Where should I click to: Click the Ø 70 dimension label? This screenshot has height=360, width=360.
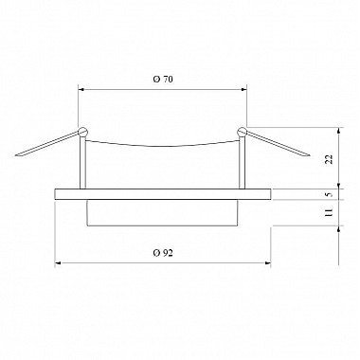pyautogui.click(x=163, y=80)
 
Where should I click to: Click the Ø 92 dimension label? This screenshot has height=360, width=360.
pyautogui.click(x=163, y=253)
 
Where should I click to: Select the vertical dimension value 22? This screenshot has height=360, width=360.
pyautogui.click(x=329, y=159)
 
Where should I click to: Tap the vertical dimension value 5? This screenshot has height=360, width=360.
pyautogui.click(x=330, y=194)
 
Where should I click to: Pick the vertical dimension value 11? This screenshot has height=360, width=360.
pyautogui.click(x=329, y=212)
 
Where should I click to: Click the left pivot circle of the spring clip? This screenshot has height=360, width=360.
pyautogui.click(x=82, y=131)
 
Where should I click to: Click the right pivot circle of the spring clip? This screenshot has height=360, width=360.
pyautogui.click(x=243, y=131)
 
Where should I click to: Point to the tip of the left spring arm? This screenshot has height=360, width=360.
pyautogui.click(x=16, y=155)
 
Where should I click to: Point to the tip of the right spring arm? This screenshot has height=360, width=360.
pyautogui.click(x=310, y=155)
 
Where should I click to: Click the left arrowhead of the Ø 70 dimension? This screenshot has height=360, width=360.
pyautogui.click(x=81, y=90)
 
